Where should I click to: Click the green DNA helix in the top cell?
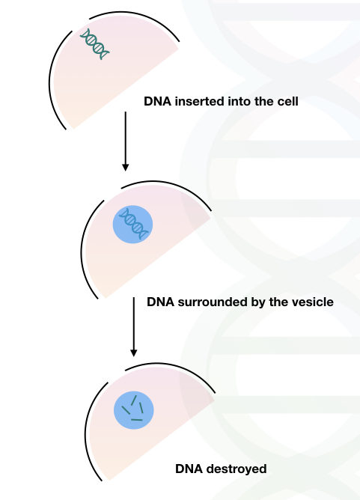coord(94,44)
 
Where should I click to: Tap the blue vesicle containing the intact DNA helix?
coord(132,224)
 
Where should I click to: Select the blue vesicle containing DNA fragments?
coord(134,410)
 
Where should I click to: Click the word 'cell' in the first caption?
coord(289,101)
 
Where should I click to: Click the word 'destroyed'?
coord(237,469)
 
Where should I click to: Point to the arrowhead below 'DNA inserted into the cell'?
coord(126,168)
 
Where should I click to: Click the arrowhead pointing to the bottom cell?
coord(134,353)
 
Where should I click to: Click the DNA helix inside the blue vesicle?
coord(134,223)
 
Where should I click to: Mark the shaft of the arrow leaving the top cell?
coord(126,138)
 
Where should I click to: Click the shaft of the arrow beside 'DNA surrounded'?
coord(134,323)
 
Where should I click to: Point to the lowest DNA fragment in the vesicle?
coord(137,420)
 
